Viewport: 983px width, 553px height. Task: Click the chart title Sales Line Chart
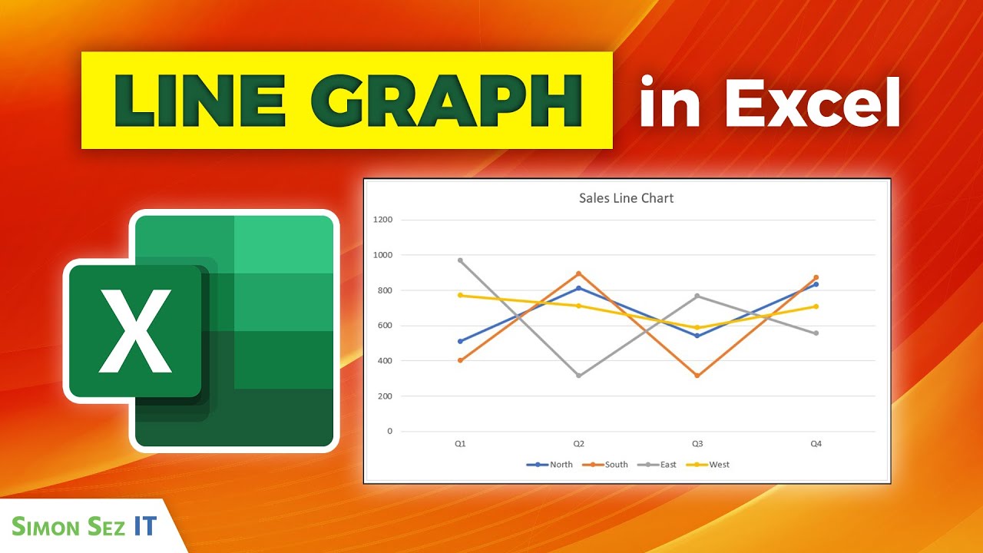click(x=626, y=198)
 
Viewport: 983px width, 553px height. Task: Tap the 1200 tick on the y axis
click(x=382, y=220)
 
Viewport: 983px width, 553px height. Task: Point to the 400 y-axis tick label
click(x=384, y=361)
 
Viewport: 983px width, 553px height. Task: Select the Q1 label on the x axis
click(x=460, y=444)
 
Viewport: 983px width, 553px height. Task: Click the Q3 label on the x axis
click(x=697, y=444)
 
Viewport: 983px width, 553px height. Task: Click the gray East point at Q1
click(x=460, y=260)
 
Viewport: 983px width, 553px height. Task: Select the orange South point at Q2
click(x=579, y=273)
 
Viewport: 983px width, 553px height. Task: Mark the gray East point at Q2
click(x=579, y=376)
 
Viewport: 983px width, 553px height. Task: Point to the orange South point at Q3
click(x=697, y=376)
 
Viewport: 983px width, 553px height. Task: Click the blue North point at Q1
click(x=460, y=341)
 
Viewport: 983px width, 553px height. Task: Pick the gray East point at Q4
click(x=816, y=333)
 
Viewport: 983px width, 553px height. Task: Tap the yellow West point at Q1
click(x=460, y=295)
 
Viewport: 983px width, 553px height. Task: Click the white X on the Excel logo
click(x=137, y=330)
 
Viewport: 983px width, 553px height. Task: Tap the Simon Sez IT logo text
click(x=84, y=526)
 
